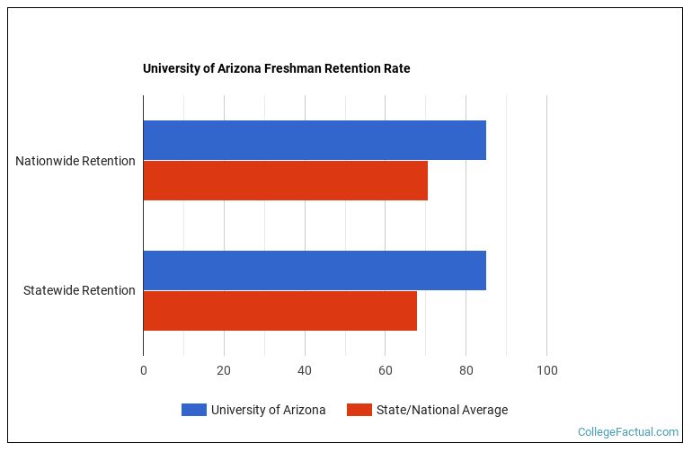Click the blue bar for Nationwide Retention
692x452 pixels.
coord(315,140)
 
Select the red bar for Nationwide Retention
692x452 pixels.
coord(285,181)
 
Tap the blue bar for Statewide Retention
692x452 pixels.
coord(315,270)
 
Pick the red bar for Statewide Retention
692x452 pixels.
coord(279,311)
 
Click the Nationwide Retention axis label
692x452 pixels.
coord(75,161)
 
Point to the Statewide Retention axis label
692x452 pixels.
coord(79,290)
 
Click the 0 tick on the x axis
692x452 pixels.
coord(144,370)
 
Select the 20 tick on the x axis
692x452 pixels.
coord(224,370)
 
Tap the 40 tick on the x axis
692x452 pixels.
coord(305,370)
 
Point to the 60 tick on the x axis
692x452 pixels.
coord(385,370)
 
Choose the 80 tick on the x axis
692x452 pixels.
coord(466,370)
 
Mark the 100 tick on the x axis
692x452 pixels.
coord(546,370)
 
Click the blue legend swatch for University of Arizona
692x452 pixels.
coord(193,410)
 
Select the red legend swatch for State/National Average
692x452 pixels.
coord(359,410)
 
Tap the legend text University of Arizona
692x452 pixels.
coord(268,410)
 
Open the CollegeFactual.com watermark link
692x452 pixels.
coord(628,432)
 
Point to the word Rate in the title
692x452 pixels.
coord(396,68)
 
